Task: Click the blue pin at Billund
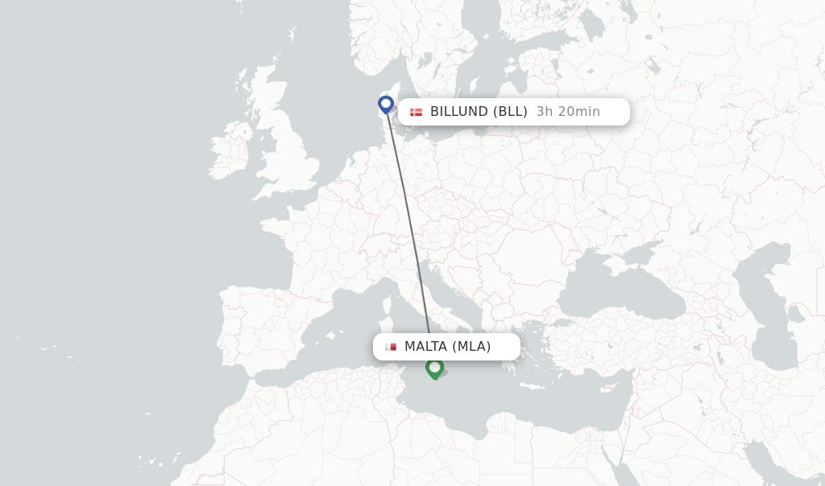(386, 104)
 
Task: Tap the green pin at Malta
(434, 368)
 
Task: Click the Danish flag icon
(416, 112)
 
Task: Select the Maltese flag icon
(391, 347)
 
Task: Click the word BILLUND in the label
(459, 112)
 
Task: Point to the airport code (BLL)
(510, 112)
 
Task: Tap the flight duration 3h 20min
(568, 112)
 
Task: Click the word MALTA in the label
(425, 347)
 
